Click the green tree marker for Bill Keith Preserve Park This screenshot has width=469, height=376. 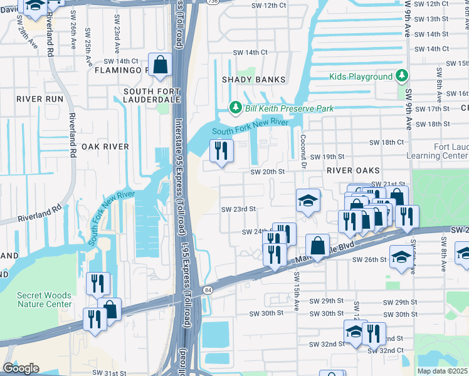[236, 108]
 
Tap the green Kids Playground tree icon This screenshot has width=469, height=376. [402, 76]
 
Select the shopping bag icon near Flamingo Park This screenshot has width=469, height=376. [161, 65]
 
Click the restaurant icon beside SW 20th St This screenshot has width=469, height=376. [221, 151]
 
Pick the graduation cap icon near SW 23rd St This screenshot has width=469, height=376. [308, 201]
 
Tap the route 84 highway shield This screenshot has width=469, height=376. [208, 290]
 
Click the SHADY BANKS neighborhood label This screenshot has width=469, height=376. [253, 80]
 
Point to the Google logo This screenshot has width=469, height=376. [20, 368]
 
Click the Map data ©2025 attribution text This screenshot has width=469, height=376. [443, 371]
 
